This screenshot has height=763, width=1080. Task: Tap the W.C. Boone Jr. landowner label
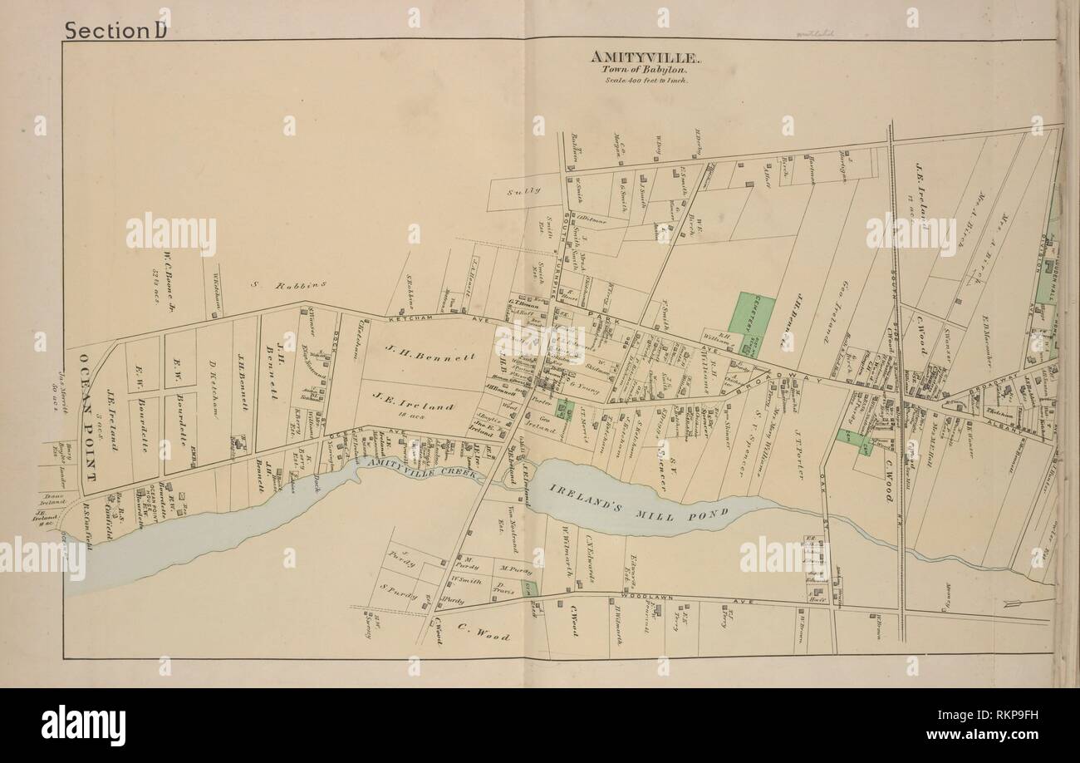click(x=166, y=278)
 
